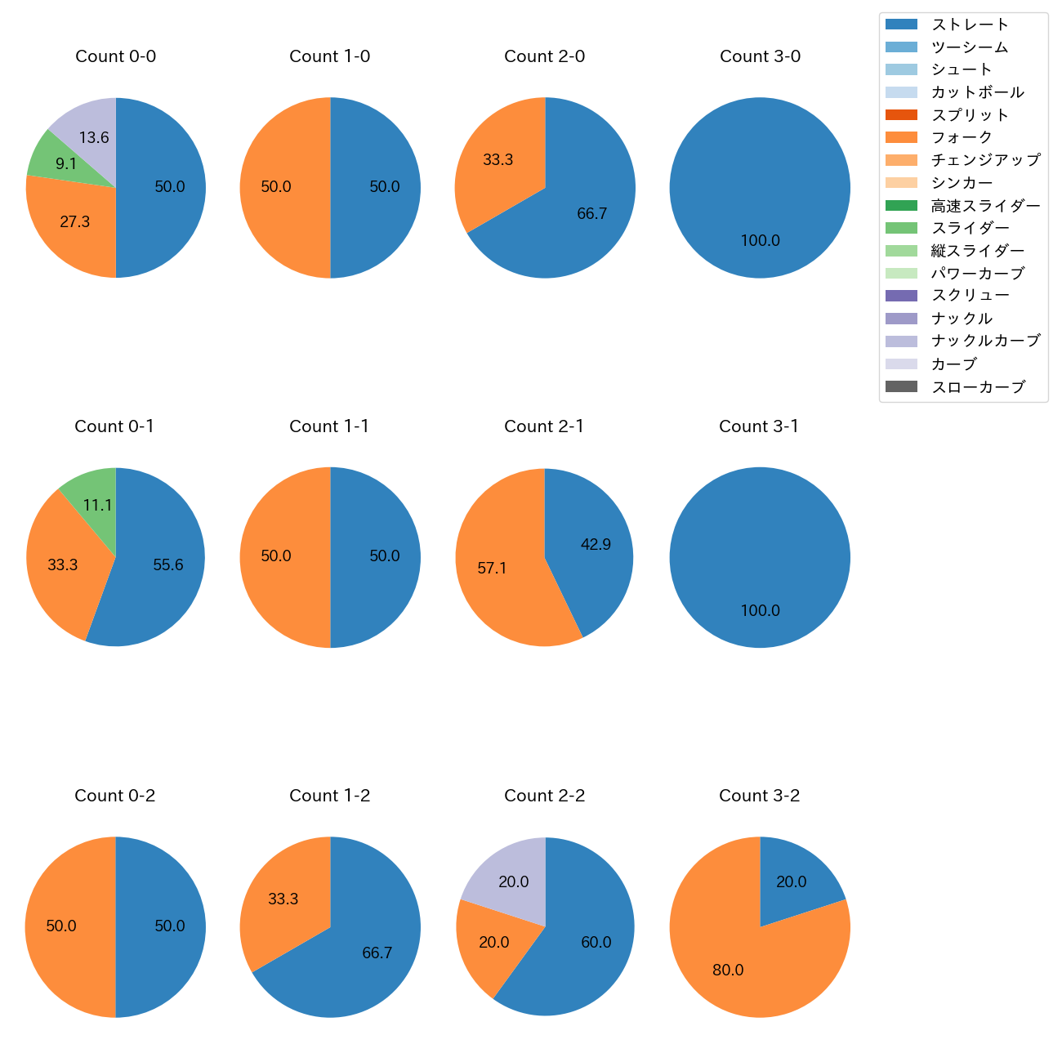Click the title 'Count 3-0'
(x=760, y=56)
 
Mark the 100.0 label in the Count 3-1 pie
(x=760, y=610)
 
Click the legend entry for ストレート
(x=970, y=25)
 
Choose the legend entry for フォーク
(x=962, y=137)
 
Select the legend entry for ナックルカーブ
(x=985, y=341)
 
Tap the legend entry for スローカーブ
(x=978, y=386)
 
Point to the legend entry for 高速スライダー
(x=985, y=205)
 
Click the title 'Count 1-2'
(x=330, y=796)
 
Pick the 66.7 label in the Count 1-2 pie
(x=377, y=953)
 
